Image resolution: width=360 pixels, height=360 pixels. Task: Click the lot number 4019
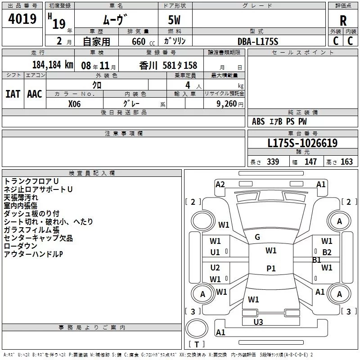[22, 19]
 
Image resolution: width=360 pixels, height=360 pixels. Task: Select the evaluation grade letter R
[343, 21]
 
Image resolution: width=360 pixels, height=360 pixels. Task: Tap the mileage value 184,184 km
[53, 65]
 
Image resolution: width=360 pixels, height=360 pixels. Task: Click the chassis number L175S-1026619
[302, 143]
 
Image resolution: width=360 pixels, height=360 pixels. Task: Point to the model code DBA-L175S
[258, 41]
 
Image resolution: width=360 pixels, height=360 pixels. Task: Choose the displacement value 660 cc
[143, 41]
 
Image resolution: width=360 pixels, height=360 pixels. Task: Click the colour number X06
[74, 104]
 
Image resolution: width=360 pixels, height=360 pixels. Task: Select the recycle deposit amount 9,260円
[230, 104]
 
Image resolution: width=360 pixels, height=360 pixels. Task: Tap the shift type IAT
[13, 94]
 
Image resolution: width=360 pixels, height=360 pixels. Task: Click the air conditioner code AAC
[35, 94]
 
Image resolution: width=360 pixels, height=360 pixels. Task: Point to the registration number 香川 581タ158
[168, 66]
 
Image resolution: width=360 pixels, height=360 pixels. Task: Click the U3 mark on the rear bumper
[258, 322]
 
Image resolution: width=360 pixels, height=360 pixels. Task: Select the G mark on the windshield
[257, 237]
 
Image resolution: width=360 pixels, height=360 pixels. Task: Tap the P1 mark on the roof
[271, 268]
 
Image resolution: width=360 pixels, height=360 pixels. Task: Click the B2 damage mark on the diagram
[327, 252]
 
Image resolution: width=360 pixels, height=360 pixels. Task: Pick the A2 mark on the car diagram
[220, 184]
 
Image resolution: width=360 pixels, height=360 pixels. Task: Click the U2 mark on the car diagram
[215, 267]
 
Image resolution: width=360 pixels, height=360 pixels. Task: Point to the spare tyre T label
[197, 344]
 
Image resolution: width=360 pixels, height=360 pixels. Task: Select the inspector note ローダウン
[20, 246]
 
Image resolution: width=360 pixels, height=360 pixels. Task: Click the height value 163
[346, 162]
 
